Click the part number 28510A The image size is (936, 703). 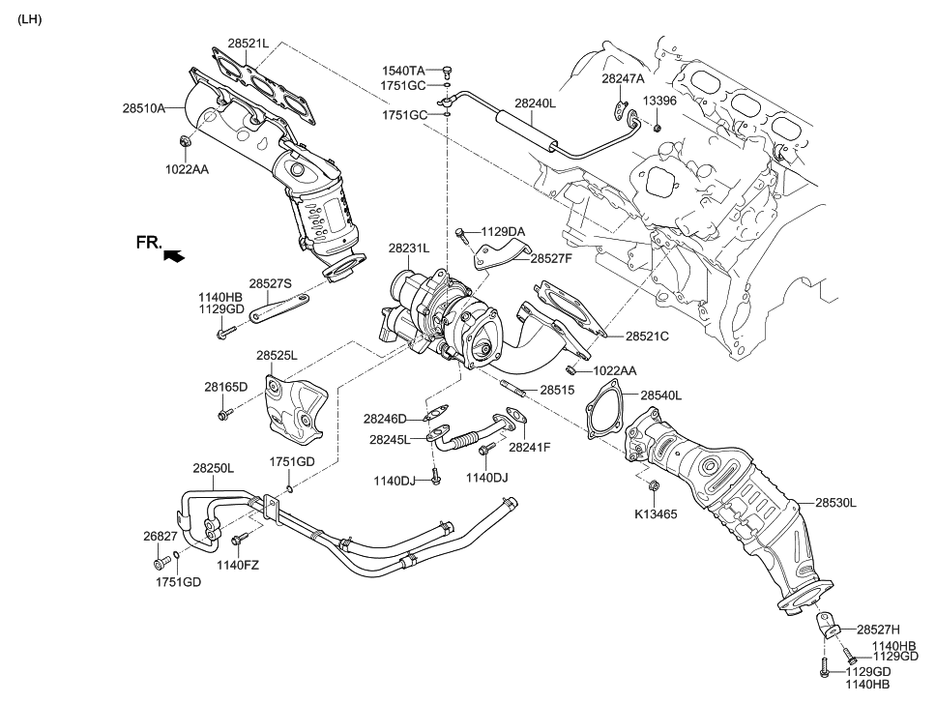pos(143,109)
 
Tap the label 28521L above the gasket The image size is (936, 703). pos(249,44)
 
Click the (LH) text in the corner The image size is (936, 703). pos(30,18)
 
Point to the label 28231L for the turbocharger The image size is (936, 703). pos(409,249)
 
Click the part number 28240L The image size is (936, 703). pos(535,102)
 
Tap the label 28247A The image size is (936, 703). pos(623,78)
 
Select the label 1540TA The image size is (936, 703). pos(403,71)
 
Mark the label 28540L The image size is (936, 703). pos(660,395)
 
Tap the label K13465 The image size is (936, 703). pos(656,514)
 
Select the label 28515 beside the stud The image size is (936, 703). pos(557,390)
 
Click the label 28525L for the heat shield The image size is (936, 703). pos(277,356)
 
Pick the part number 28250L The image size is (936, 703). pos(213,468)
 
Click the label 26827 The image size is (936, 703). pos(161,536)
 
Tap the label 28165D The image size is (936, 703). pos(225,387)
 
